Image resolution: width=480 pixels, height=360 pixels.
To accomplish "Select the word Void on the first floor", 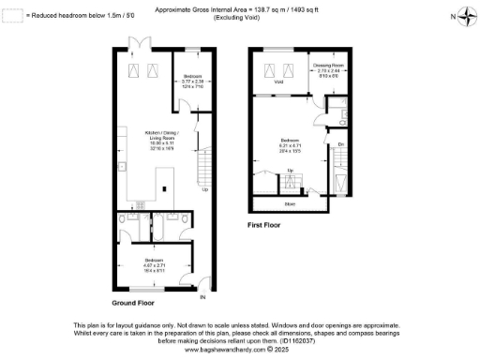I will pyautogui.click(x=279, y=82).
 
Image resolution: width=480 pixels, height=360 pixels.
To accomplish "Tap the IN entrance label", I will pyautogui.click(x=202, y=298).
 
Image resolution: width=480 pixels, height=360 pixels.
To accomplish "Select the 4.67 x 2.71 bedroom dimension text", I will pyautogui.click(x=153, y=263).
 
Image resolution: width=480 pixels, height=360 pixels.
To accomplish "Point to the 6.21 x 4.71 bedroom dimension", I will pyautogui.click(x=289, y=144).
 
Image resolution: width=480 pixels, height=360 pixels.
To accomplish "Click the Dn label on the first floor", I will pyautogui.click(x=341, y=143).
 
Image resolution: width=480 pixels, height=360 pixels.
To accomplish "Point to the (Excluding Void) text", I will pyautogui.click(x=239, y=18).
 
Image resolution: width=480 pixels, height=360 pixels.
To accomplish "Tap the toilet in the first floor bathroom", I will pyautogui.click(x=345, y=117).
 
